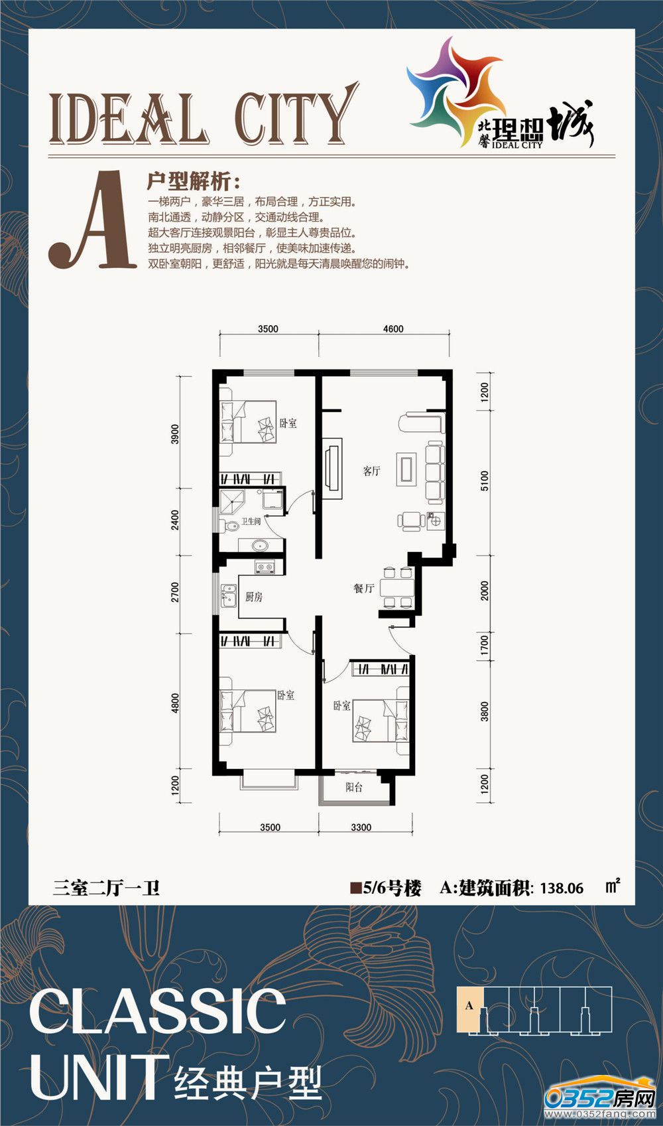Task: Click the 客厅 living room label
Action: [372, 471]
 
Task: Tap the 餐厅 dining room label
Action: [363, 588]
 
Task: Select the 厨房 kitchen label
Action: [254, 597]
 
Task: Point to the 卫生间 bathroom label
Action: [251, 522]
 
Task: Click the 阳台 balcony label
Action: [354, 787]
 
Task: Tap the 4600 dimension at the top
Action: [393, 328]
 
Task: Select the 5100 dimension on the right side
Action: [484, 481]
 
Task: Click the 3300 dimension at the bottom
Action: [361, 827]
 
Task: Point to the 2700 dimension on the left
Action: [175, 592]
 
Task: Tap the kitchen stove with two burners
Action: [265, 568]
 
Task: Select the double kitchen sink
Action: [229, 596]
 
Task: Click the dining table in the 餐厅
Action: [396, 587]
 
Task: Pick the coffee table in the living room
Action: [406, 469]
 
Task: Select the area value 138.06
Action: [562, 888]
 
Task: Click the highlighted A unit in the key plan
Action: [470, 1005]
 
